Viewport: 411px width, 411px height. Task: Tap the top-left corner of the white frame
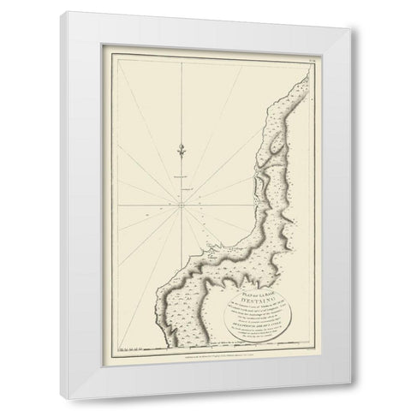[x=80, y=4]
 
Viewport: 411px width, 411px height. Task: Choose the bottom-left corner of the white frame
[x=80, y=406]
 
